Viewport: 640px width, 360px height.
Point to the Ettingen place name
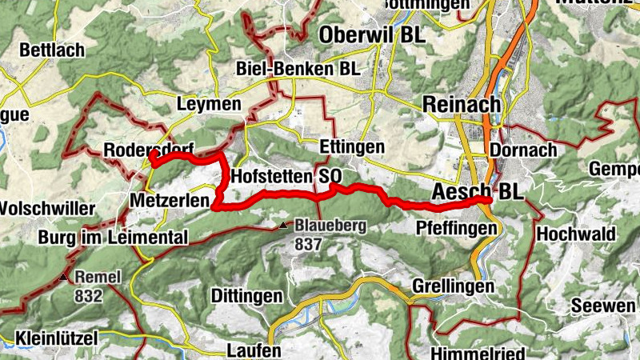[351, 148]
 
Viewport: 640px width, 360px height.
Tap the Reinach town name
[461, 104]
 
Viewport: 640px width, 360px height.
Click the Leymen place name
[208, 105]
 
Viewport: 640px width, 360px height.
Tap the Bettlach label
[52, 50]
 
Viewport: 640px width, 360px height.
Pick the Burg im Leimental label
[112, 238]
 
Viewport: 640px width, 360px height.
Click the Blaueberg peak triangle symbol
[283, 226]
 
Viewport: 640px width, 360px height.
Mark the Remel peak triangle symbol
[63, 278]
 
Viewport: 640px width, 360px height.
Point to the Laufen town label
[254, 350]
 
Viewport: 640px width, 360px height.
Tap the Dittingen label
[246, 295]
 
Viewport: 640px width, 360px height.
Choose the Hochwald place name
[576, 234]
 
